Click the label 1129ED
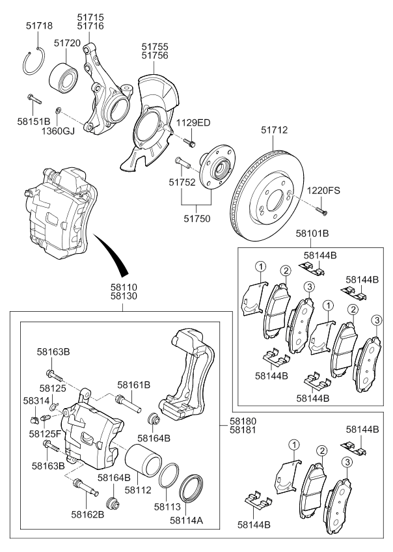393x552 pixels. [x=195, y=123]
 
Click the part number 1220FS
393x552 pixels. [x=324, y=191]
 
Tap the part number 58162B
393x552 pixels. [x=88, y=515]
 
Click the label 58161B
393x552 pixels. [x=134, y=385]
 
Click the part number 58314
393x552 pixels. [x=36, y=402]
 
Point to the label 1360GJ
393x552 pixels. [x=58, y=131]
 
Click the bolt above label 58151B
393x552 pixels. [x=33, y=100]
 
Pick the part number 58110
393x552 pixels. [x=123, y=286]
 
